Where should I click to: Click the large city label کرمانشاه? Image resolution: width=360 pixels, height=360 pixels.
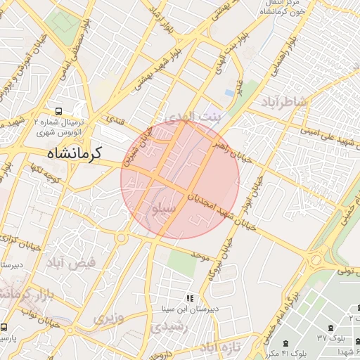click(74, 152)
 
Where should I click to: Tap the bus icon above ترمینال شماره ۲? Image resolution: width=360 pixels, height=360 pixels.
click(58, 110)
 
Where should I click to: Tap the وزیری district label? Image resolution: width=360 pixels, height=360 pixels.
click(108, 317)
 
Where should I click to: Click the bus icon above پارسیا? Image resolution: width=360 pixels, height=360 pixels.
click(4, 328)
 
